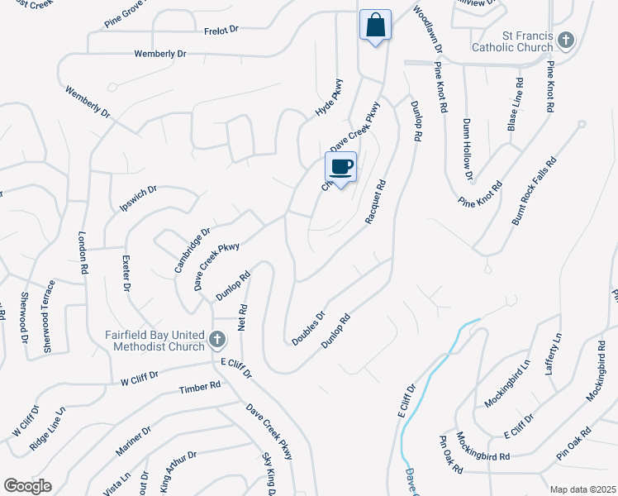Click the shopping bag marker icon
[x=375, y=25]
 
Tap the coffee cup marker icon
[x=341, y=168]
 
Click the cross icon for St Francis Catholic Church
[x=565, y=40]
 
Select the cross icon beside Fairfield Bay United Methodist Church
[x=217, y=338]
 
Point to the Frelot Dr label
[x=221, y=30]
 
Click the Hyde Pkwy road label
[x=329, y=98]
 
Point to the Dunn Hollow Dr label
[x=468, y=148]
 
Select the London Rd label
[x=83, y=252]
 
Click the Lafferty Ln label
[x=554, y=354]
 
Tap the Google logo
[x=27, y=486]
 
